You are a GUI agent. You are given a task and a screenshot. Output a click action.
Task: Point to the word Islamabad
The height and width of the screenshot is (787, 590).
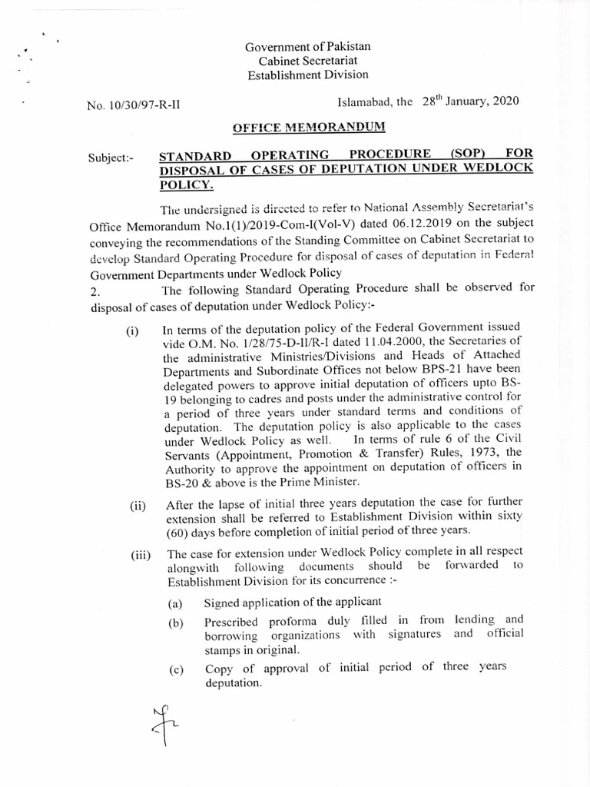[x=366, y=101]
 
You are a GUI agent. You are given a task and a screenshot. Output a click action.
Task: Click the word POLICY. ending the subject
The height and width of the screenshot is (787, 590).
[x=187, y=185]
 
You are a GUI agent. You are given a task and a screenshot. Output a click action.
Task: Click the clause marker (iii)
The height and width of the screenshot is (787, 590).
[x=140, y=556]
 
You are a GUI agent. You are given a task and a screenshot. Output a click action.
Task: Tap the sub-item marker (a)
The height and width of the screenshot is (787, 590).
[x=176, y=604]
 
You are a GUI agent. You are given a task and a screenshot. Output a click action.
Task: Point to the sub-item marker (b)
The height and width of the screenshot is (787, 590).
[x=176, y=624]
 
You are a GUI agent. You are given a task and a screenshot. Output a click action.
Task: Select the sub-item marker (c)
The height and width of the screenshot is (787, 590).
[x=176, y=671]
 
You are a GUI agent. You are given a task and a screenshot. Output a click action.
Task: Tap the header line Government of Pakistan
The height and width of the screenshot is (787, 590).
[x=303, y=48]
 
